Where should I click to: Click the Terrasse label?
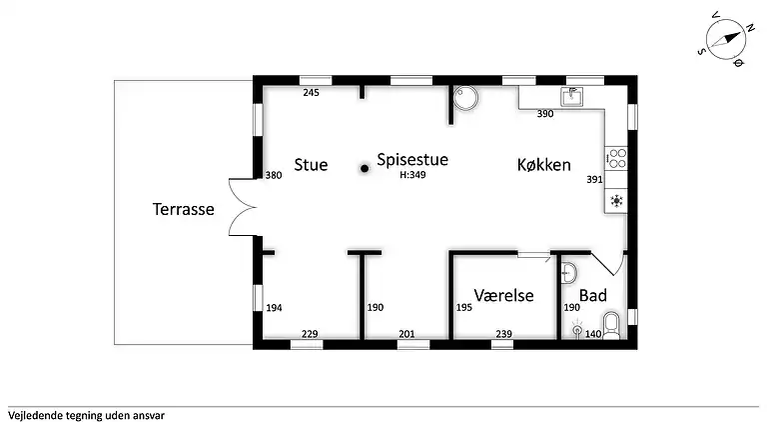pyautogui.click(x=184, y=210)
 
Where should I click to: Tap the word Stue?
pyautogui.click(x=311, y=165)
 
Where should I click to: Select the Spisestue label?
pyautogui.click(x=412, y=159)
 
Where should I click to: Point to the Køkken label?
pyautogui.click(x=544, y=165)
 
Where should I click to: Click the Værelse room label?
pyautogui.click(x=503, y=296)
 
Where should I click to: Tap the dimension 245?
pyautogui.click(x=311, y=93)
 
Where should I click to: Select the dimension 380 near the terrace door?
pyautogui.click(x=273, y=175)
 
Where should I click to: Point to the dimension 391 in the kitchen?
pyautogui.click(x=594, y=180)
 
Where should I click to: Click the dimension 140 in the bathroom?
pyautogui.click(x=593, y=333)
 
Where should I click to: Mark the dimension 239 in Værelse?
pyautogui.click(x=503, y=333)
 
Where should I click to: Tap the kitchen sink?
pyautogui.click(x=571, y=97)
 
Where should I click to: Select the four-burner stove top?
pyautogui.click(x=617, y=158)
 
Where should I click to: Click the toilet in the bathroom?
pyautogui.click(x=613, y=325)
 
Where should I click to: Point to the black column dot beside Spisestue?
pyautogui.click(x=366, y=169)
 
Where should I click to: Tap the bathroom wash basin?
pyautogui.click(x=568, y=272)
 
